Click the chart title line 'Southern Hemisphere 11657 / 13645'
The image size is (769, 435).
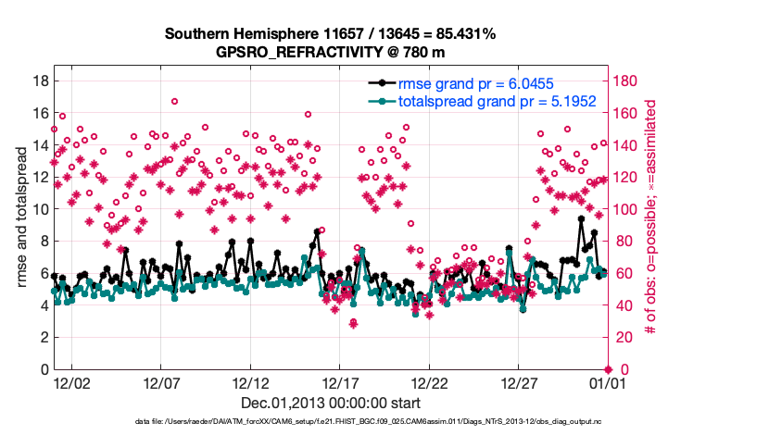point(331,34)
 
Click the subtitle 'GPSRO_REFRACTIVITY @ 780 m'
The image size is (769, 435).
point(331,52)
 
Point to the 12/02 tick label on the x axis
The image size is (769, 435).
point(71,381)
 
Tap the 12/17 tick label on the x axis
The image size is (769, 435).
point(340,381)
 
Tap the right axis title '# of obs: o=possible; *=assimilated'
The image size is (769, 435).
point(650,218)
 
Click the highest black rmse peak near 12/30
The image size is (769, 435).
point(581,219)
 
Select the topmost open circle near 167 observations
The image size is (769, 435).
point(174,102)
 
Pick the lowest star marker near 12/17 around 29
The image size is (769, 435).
point(353,323)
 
